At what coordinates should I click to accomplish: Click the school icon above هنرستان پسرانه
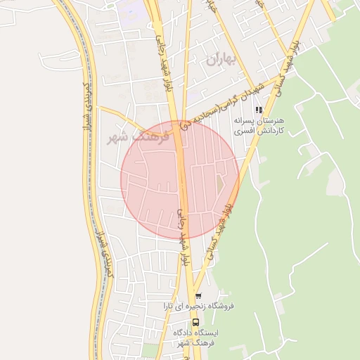[x=259, y=110]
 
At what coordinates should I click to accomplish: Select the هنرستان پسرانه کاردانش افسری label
[x=250, y=126]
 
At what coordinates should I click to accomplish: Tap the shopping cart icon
[x=200, y=295]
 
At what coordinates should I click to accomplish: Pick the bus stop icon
[x=196, y=322]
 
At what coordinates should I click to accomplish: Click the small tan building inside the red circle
[x=219, y=181]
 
